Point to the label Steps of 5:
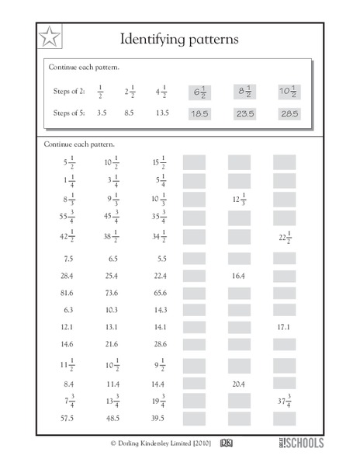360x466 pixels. pyautogui.click(x=67, y=113)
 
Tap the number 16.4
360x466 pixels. pyautogui.click(x=239, y=275)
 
